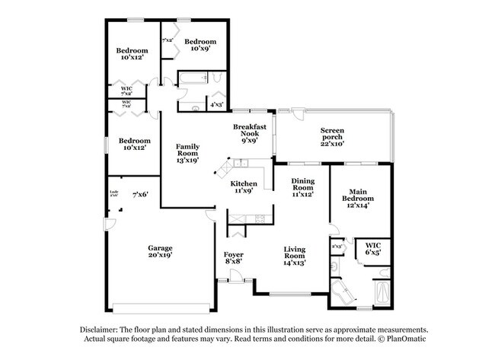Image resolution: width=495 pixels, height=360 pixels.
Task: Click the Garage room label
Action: point(160,247)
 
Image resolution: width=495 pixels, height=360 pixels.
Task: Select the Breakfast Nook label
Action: point(249,129)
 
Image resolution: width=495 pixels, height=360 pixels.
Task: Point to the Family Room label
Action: point(187,149)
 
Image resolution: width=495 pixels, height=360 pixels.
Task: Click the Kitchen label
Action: point(244,184)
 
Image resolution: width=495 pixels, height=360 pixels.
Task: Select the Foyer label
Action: point(233,253)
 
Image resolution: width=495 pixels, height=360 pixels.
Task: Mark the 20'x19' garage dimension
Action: point(160,256)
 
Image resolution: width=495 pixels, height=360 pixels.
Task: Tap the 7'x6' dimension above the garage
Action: point(139,195)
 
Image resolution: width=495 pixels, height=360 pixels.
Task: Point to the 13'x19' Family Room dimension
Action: point(187,161)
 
